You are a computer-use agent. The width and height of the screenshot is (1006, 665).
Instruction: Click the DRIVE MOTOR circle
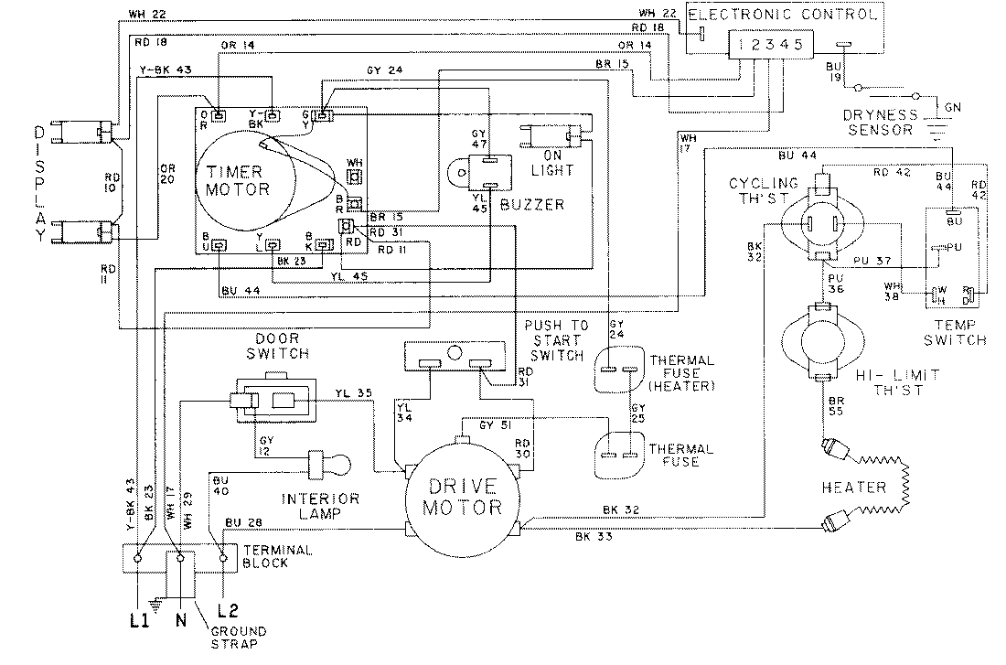[462, 495]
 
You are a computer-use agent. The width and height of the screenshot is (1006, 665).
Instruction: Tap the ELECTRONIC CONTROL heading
[783, 15]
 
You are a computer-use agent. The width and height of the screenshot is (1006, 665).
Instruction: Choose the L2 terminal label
[228, 609]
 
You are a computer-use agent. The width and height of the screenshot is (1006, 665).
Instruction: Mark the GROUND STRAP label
[239, 638]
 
